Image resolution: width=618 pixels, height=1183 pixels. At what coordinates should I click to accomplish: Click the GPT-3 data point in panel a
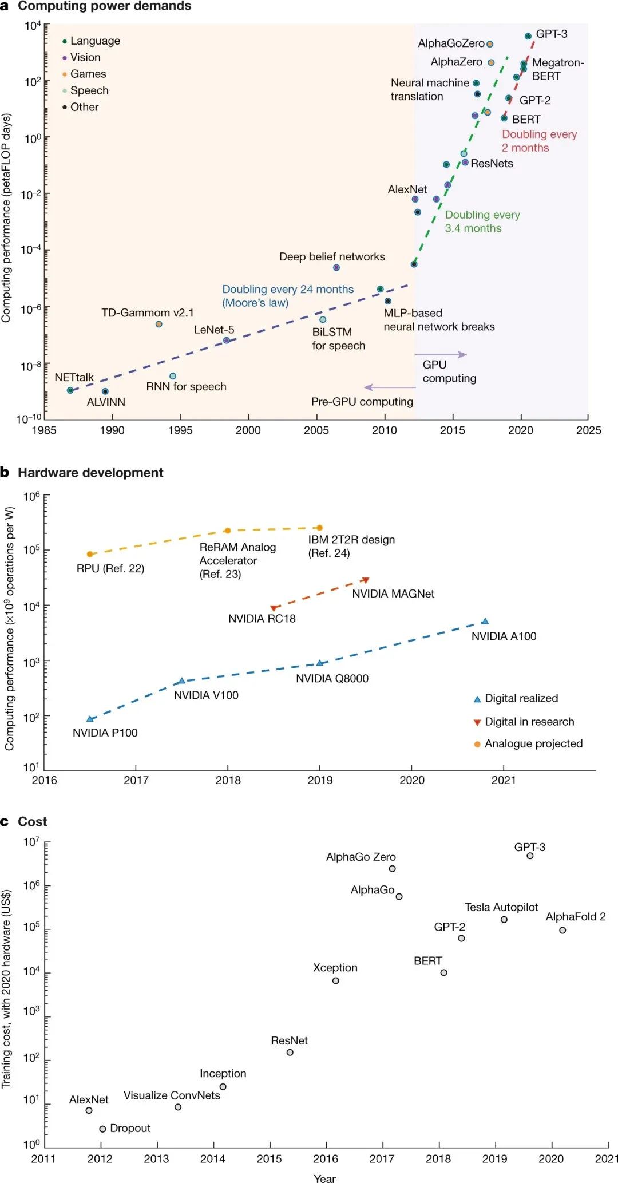click(528, 36)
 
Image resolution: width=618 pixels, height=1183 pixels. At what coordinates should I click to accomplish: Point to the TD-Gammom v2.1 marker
click(159, 324)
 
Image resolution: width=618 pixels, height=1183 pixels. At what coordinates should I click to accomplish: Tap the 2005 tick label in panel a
click(316, 430)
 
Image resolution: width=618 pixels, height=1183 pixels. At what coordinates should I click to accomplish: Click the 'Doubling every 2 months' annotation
click(539, 141)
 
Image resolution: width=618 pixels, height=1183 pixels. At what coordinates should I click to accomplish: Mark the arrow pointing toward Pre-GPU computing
click(389, 387)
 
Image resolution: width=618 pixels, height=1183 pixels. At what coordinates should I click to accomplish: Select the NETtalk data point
click(70, 390)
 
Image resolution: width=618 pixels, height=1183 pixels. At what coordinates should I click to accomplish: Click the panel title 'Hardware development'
click(90, 473)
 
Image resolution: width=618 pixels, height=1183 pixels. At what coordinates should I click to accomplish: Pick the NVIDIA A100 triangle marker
click(485, 621)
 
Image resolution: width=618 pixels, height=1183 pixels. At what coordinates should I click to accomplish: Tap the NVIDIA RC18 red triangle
click(274, 608)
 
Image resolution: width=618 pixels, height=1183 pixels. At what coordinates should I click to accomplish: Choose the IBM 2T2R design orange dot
click(319, 528)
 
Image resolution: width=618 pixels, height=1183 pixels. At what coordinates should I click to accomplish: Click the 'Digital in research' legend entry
click(529, 722)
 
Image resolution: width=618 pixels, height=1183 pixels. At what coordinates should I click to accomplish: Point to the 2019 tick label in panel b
click(320, 780)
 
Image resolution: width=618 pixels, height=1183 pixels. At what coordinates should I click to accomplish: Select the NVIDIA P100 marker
click(90, 719)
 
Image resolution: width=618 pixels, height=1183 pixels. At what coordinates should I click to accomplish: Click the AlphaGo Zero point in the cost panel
click(392, 868)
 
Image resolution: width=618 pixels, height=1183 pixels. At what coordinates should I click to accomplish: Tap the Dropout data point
click(102, 1129)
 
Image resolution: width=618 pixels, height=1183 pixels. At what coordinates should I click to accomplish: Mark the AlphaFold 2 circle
click(562, 930)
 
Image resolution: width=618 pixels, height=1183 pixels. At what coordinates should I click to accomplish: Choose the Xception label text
click(335, 967)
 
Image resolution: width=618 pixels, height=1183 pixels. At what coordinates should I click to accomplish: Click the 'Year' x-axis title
click(324, 1178)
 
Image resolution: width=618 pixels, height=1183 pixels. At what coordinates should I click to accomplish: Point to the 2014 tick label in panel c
click(212, 1158)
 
